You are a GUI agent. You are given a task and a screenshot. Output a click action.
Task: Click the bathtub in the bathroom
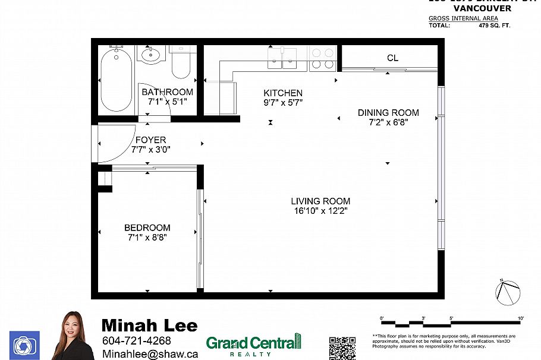pyautogui.click(x=117, y=81)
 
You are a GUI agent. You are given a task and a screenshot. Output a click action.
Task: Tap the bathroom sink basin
pyautogui.click(x=150, y=56)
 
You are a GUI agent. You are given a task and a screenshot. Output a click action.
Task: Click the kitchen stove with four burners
pyautogui.click(x=323, y=58)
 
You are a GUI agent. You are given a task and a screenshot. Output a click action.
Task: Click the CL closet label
pyautogui.click(x=392, y=58)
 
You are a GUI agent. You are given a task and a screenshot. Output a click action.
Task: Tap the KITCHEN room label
pyautogui.click(x=283, y=93)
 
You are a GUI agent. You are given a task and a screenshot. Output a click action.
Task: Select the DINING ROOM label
pyautogui.click(x=388, y=113)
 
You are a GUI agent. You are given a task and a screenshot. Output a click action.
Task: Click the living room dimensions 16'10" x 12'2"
pyautogui.click(x=320, y=211)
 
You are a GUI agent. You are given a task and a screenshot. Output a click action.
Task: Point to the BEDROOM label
pyautogui.click(x=147, y=228)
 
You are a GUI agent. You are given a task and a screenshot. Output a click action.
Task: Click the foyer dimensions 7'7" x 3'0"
pyautogui.click(x=150, y=150)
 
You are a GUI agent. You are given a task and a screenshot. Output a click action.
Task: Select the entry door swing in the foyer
pyautogui.click(x=114, y=143)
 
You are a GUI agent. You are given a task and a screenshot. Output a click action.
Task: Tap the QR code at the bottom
pyautogui.click(x=342, y=348)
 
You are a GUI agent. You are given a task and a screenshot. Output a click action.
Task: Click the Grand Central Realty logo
pyautogui.click(x=253, y=345)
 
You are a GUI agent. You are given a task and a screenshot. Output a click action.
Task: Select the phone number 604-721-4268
pyautogui.click(x=137, y=341)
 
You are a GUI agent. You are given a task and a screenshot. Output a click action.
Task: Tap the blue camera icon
pyautogui.click(x=24, y=345)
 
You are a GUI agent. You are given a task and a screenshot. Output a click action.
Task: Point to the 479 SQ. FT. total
pyautogui.click(x=495, y=26)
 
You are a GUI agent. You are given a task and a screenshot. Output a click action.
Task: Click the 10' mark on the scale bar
pyautogui.click(x=520, y=320)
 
